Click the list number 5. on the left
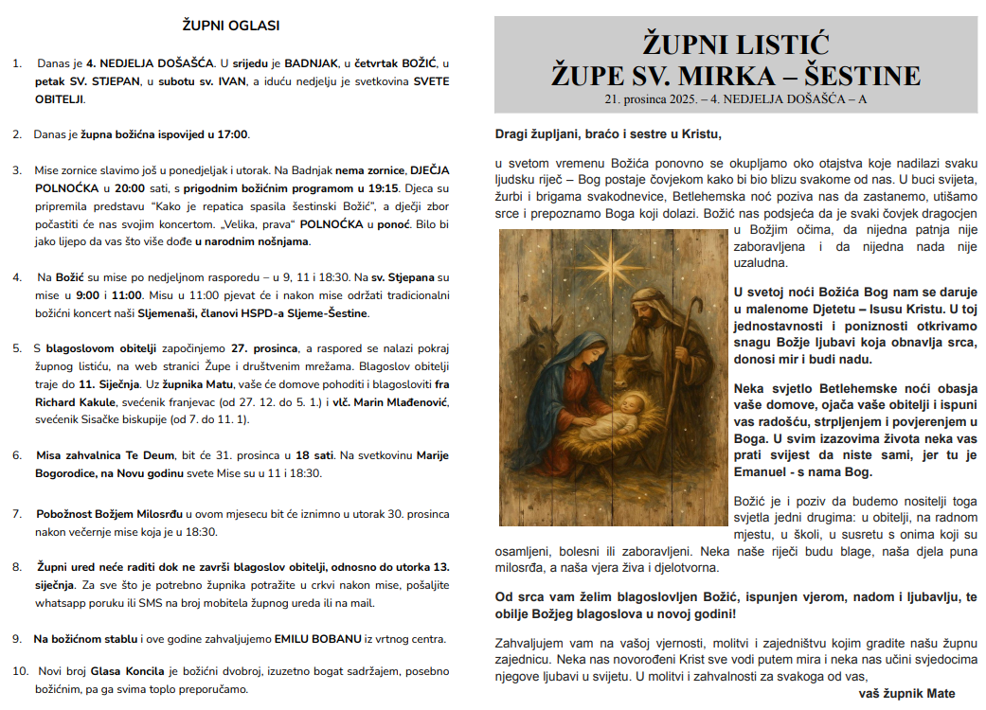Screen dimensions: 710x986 click(x=17, y=347)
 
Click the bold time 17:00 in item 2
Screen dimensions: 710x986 click(x=232, y=134)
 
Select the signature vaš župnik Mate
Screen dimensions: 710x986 click(x=905, y=693)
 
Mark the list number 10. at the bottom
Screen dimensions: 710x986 click(x=20, y=671)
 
